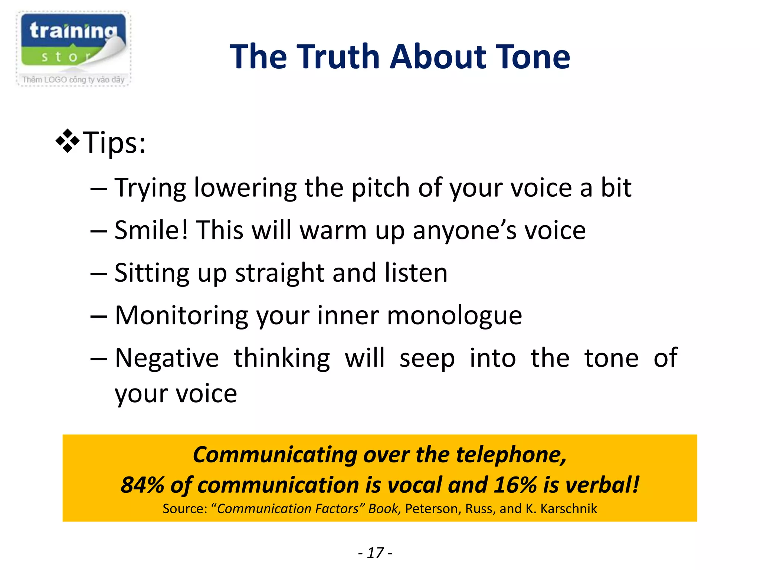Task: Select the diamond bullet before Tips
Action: coord(67,141)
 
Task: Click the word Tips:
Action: coord(114,142)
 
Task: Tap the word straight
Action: coord(280,273)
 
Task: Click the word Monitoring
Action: coord(181,316)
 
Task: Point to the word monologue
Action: coord(455,316)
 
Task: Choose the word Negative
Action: coord(167,358)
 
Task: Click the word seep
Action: coord(427,359)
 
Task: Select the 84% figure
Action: coord(142,485)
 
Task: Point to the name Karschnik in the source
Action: coord(569,509)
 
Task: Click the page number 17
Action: coord(375,553)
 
